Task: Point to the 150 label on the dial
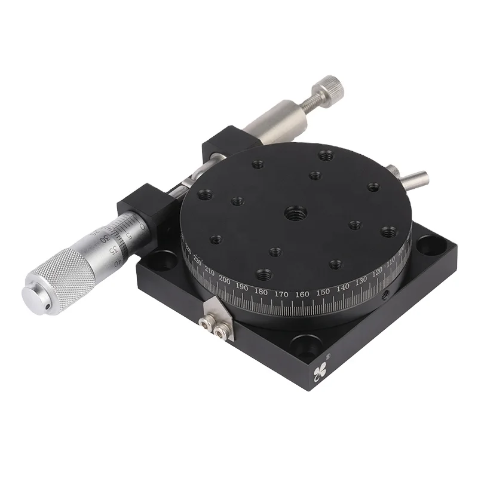click(x=323, y=292)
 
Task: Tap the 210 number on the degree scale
click(x=209, y=274)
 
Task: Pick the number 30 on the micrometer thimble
click(x=105, y=238)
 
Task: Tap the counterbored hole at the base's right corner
click(x=428, y=244)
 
